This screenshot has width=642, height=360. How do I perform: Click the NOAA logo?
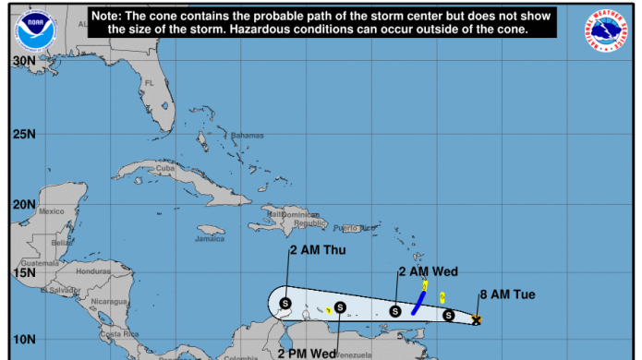click(x=33, y=30)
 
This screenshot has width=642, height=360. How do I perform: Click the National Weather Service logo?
click(x=606, y=30)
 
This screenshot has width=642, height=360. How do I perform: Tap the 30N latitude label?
click(x=23, y=61)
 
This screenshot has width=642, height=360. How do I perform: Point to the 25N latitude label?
click(x=23, y=133)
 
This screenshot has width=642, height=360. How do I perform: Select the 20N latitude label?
click(x=23, y=203)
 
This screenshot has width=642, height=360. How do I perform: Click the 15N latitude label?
click(x=23, y=272)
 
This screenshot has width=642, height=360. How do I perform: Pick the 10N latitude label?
click(x=23, y=339)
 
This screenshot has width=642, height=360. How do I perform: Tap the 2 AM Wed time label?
click(x=428, y=271)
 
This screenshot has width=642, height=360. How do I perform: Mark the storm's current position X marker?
click(x=477, y=319)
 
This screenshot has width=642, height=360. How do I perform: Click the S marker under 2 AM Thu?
click(x=285, y=303)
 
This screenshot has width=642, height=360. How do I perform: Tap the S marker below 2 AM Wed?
click(x=395, y=311)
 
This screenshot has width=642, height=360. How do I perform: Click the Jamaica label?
click(x=210, y=239)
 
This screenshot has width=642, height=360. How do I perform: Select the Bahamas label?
click(x=247, y=136)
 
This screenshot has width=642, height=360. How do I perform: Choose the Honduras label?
click(x=92, y=271)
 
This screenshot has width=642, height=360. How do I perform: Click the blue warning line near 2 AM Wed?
click(x=418, y=303)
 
